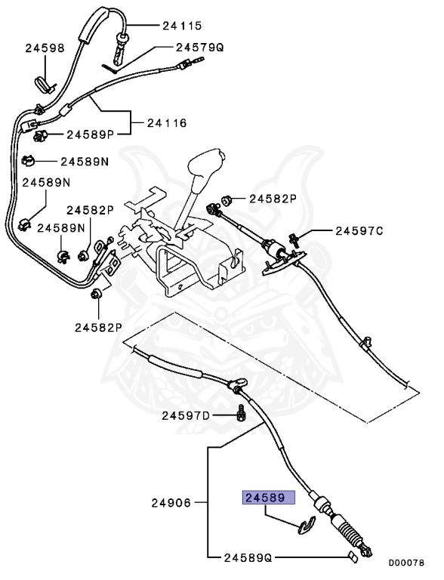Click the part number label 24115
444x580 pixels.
[x=182, y=26]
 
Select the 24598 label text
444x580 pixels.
[x=44, y=48]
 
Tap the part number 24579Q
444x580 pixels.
[x=199, y=47]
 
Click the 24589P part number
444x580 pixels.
[x=89, y=135]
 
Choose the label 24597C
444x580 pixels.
[x=359, y=231]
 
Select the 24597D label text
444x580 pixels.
[x=186, y=415]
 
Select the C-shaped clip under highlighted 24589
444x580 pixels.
[x=306, y=525]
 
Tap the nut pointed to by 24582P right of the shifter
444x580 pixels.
[x=225, y=201]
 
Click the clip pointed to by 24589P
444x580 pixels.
[x=42, y=136]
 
